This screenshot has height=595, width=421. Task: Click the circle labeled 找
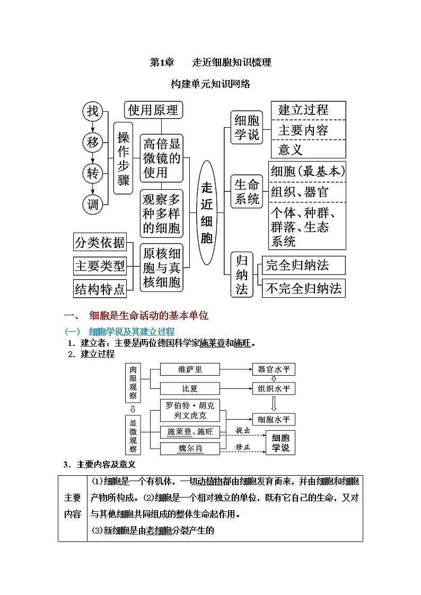coord(93,111)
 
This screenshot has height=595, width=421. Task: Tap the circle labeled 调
coord(93,204)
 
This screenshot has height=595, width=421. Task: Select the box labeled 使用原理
coord(153,110)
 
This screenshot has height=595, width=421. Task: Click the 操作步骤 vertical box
coord(124,158)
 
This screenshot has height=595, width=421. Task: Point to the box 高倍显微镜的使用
coord(162,158)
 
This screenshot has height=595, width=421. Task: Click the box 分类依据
coord(100,243)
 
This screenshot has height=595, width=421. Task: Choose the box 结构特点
coord(100,289)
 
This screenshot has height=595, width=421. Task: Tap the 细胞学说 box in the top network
coord(247,127)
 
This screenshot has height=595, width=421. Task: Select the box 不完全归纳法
coord(304,289)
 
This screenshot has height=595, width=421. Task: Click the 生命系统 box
coord(247,192)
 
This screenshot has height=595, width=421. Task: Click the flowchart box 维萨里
coord(189,369)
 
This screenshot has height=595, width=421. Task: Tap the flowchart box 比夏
coord(189,389)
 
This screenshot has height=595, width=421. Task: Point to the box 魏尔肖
coord(189,448)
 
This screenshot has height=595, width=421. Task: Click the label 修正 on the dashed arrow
coord(243,447)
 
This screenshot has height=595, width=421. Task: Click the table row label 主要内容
coord(73,506)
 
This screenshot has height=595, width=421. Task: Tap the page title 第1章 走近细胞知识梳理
coord(210,63)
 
